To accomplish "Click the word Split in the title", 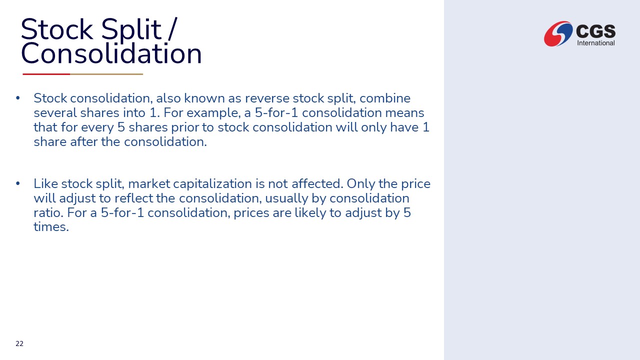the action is click(x=131, y=30).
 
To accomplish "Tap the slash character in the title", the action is click(x=172, y=29).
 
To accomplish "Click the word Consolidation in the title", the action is click(x=111, y=53).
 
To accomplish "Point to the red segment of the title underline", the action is click(x=46, y=74).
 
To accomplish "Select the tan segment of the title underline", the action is click(x=106, y=74).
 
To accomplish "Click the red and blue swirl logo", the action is click(x=558, y=33).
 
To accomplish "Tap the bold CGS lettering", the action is click(x=595, y=31).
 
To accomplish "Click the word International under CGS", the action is click(x=596, y=43).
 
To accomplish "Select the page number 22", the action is click(x=19, y=343).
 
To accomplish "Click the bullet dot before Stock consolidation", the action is click(x=18, y=98).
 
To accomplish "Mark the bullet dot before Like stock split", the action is click(x=18, y=183).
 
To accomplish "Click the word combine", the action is click(x=385, y=98).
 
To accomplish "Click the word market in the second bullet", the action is click(x=149, y=183).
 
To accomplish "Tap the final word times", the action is click(x=51, y=227).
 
